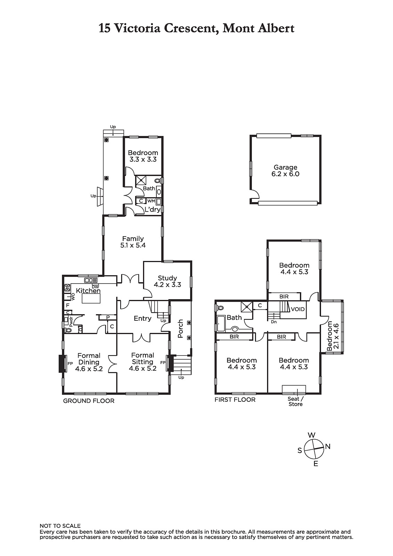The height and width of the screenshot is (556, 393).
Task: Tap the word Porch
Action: point(180,329)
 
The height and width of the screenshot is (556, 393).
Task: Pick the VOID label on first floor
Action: point(298,309)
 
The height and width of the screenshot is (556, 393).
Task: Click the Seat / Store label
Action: point(295,401)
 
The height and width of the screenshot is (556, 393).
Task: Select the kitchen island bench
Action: point(91,298)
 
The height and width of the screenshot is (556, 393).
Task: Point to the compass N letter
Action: point(328,447)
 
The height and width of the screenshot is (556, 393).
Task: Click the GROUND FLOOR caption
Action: point(89,401)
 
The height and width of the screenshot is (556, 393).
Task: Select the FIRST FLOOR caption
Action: point(235,400)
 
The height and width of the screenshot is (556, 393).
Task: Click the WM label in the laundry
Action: point(151,201)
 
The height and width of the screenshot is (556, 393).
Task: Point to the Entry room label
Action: point(142,318)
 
